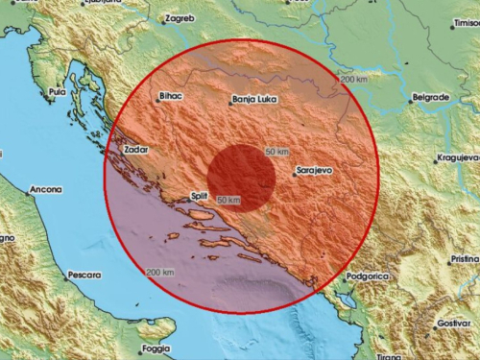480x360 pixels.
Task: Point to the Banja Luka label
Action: coord(251,99)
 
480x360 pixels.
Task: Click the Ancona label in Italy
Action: coord(43,189)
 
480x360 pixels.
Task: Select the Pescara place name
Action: coord(84,276)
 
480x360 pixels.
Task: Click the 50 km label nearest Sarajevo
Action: coord(276,153)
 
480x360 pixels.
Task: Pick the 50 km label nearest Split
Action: coord(228,199)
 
